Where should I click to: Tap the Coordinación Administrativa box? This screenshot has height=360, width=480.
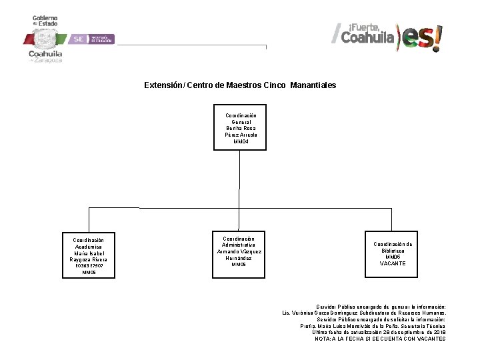point(239,251)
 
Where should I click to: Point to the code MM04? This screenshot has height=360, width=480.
point(241,141)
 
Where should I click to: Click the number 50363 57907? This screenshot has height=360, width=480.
point(89,265)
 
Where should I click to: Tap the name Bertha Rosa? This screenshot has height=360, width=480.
point(241,129)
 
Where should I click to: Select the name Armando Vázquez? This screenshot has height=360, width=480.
point(239,251)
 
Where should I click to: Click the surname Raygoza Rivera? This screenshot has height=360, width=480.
point(89,259)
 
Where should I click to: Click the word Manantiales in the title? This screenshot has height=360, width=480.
point(313,86)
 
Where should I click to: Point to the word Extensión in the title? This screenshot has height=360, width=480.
point(161,86)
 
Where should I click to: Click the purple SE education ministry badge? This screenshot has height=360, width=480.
point(93,39)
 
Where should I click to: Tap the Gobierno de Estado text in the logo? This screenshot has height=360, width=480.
point(45,21)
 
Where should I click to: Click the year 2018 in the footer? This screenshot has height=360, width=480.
point(439,332)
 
